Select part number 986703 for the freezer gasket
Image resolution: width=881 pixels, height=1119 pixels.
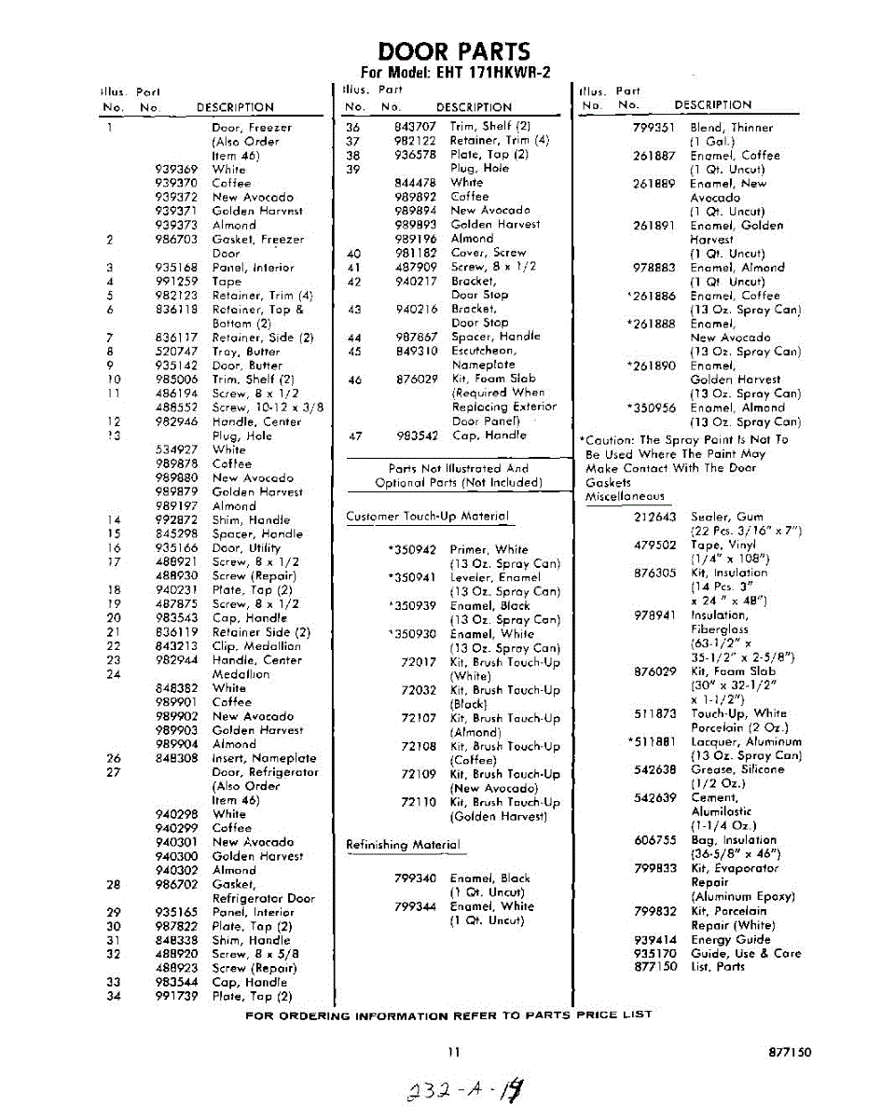click(x=176, y=240)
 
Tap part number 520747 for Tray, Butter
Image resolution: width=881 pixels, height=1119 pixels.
click(x=176, y=352)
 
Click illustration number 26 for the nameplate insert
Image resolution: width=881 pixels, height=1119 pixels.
click(x=113, y=759)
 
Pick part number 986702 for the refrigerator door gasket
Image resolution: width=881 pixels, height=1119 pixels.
click(x=176, y=884)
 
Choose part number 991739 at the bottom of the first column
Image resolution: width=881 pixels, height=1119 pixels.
click(x=176, y=996)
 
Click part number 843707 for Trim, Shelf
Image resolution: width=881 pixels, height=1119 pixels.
click(x=415, y=127)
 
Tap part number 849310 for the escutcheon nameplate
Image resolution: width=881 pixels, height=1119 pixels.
click(x=415, y=351)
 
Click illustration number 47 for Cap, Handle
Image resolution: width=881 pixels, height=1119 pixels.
click(x=353, y=435)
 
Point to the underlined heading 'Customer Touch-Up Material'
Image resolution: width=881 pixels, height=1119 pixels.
click(x=427, y=517)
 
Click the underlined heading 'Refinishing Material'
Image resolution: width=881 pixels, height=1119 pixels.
click(x=403, y=845)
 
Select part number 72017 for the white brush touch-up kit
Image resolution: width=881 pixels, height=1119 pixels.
click(x=419, y=662)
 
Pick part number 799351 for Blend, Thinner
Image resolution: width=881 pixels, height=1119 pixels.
click(x=654, y=128)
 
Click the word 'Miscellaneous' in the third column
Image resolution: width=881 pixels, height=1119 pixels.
click(x=625, y=497)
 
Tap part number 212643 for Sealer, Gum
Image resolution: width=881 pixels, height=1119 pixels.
click(x=654, y=517)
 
